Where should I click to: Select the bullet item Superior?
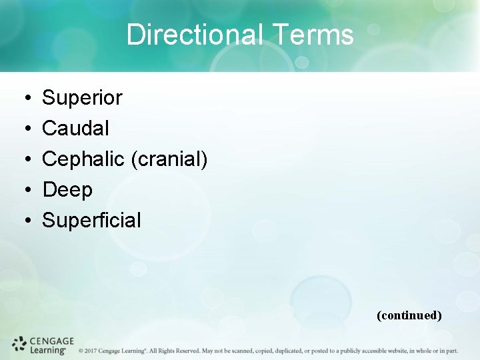(x=82, y=98)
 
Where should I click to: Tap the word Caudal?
(x=75, y=128)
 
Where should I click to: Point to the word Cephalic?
(x=83, y=159)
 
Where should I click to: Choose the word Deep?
(x=67, y=189)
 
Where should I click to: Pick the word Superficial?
(x=91, y=220)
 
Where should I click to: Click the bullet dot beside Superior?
(x=23, y=99)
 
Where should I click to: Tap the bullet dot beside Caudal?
(x=23, y=129)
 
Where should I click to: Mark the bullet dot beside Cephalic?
(x=23, y=159)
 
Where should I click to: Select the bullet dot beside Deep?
(x=23, y=190)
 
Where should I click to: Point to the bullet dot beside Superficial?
(x=23, y=221)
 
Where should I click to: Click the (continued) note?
(x=409, y=315)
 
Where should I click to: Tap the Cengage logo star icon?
(x=19, y=344)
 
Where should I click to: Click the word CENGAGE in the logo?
(x=52, y=340)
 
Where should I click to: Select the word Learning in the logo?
(x=48, y=349)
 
